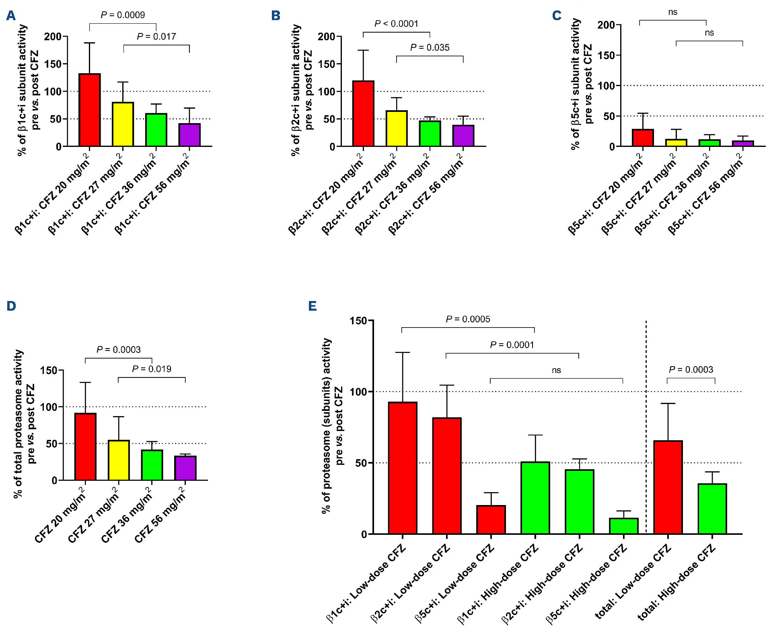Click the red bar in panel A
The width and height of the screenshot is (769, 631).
click(x=90, y=110)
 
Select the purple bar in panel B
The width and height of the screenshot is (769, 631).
click(x=463, y=136)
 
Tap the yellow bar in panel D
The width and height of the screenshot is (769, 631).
click(x=119, y=460)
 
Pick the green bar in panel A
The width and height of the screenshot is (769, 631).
click(x=156, y=130)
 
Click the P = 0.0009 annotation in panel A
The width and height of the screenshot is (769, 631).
click(x=123, y=15)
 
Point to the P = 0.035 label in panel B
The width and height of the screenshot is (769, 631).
click(x=430, y=48)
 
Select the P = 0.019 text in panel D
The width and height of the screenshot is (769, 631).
click(x=152, y=369)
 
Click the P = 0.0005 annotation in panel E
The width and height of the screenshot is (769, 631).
click(x=468, y=320)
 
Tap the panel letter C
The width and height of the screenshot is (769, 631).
click(x=557, y=16)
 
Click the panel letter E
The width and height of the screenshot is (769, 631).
click(x=313, y=306)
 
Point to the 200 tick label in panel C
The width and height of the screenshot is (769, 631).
click(x=606, y=25)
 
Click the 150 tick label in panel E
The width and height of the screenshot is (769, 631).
click(x=358, y=321)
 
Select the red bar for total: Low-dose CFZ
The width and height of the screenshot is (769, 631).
click(x=668, y=487)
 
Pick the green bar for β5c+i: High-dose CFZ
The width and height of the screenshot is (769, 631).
click(x=623, y=526)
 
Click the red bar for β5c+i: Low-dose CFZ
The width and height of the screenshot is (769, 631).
click(x=491, y=520)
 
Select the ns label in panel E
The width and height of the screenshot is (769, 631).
click(x=556, y=370)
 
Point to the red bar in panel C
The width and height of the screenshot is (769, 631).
click(x=643, y=138)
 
